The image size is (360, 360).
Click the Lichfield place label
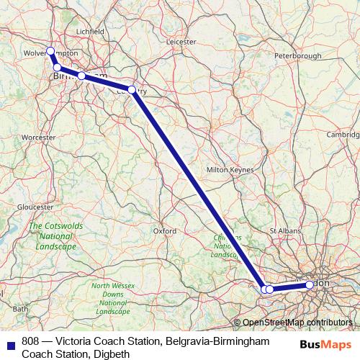coord(91,32)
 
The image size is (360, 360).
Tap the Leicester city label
coord(181,42)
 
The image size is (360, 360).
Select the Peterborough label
coord(297,55)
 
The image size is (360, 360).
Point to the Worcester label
coord(39,136)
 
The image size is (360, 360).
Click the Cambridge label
coord(343,134)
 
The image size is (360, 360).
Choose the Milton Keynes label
coord(227,169)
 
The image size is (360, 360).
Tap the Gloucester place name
coord(35,206)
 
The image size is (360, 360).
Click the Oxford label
coord(165,231)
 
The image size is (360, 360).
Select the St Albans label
coord(284,230)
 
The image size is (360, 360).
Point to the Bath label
coord(20,309)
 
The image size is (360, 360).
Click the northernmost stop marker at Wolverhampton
coord(50,51)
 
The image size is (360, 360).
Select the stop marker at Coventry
coord(132,90)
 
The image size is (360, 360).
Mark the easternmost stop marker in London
coord(310,284)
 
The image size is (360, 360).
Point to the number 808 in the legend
coord(30,341)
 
